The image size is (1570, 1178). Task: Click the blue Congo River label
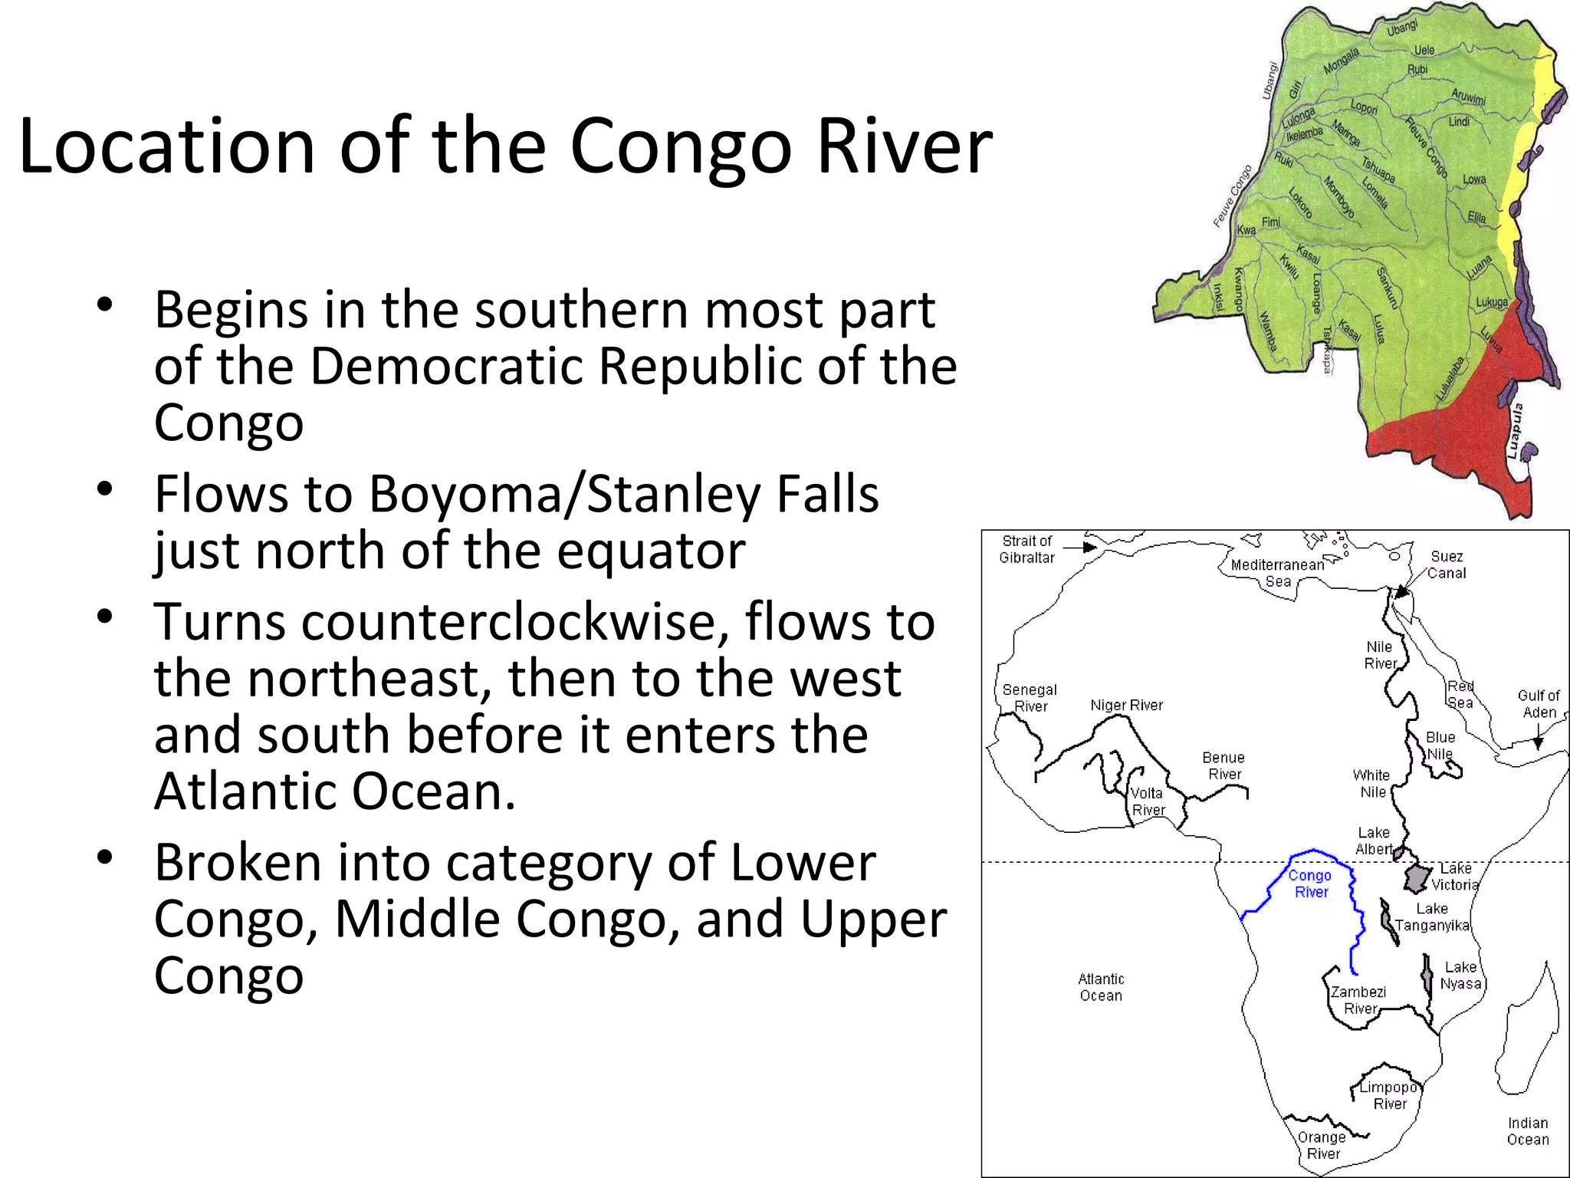pos(1310,883)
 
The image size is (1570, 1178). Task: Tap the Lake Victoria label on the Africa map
pos(1455,876)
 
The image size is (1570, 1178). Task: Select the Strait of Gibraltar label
pos(1027,549)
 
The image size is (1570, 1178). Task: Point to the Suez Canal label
pos(1447,564)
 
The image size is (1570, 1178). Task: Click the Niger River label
pos(1126,705)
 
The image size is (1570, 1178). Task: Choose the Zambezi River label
pos(1358,1000)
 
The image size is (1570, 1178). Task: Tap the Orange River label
pos(1322,1145)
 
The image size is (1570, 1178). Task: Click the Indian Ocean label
pos(1528,1131)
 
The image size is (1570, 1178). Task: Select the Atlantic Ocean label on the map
pos(1101,987)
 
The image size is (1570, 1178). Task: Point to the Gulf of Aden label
pos(1539,703)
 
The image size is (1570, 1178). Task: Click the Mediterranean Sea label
pos(1278,573)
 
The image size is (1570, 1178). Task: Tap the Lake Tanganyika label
pos(1432,917)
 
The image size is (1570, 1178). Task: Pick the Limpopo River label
pos(1389,1095)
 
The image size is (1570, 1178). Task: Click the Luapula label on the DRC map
pos(1514,431)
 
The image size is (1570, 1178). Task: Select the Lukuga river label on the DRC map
pos(1492,302)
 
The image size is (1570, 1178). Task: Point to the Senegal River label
pos(1030,698)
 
